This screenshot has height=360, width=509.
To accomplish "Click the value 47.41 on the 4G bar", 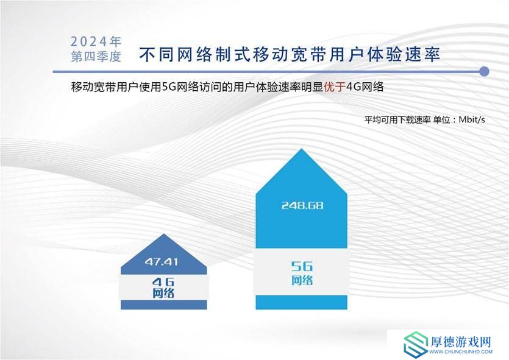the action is pos(162,262).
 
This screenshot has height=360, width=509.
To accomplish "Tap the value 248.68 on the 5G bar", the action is pos(302,206).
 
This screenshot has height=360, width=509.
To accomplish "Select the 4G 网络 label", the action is pos(163,288).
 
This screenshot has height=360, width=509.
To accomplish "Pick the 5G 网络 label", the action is pos(302,274).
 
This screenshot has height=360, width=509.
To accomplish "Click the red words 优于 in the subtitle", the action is pos(335,87).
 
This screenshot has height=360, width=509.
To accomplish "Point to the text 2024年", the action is pos(96,41).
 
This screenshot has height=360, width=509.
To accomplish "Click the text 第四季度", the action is pos(96,57).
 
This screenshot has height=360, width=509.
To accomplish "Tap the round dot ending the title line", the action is pos(484,71).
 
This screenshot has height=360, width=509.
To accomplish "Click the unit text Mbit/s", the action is pos(472,119).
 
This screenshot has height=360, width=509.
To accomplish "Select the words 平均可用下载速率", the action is pos(397,119).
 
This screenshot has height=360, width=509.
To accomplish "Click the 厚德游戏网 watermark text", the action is pos(461,342).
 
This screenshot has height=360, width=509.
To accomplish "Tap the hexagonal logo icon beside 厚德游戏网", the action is pos(416,344).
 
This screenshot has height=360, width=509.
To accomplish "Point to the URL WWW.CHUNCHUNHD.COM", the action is pos(461,351).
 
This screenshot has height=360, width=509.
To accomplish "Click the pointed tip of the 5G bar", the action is pos(302,149).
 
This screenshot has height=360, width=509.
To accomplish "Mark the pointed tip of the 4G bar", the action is pos(164,234).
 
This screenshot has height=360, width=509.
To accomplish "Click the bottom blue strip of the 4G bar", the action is pos(163,305).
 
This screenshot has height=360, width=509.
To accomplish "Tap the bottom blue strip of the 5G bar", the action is pos(302,302).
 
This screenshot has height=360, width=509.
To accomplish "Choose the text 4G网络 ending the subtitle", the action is pos(365,87).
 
